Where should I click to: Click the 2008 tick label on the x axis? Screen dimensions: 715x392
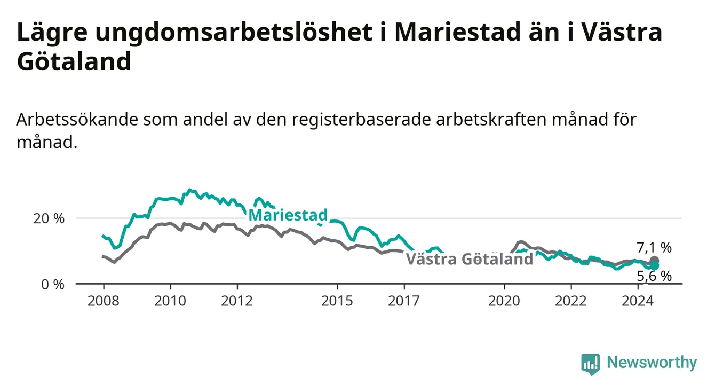(x=103, y=301)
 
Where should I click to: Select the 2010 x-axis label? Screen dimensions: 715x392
(x=170, y=301)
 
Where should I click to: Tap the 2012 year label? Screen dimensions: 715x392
(x=237, y=301)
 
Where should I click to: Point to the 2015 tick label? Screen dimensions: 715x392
(x=337, y=301)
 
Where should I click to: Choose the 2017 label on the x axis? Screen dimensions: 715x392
(x=404, y=301)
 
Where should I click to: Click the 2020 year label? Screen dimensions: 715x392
(x=504, y=301)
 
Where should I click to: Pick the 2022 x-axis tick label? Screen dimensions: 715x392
(x=571, y=301)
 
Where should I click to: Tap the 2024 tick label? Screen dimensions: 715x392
(x=638, y=301)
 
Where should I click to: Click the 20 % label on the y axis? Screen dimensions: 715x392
(x=49, y=219)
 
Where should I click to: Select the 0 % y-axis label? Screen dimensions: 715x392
(x=53, y=285)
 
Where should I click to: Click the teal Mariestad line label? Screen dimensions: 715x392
(x=288, y=215)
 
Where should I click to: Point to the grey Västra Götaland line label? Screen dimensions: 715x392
(x=470, y=259)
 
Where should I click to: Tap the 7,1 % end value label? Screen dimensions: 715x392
(x=654, y=248)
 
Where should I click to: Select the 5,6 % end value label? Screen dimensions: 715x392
(x=654, y=276)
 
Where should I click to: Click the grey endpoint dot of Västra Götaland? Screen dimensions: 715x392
(x=654, y=261)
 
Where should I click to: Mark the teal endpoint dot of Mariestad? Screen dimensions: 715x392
(x=654, y=265)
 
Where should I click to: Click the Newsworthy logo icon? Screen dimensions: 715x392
(x=590, y=364)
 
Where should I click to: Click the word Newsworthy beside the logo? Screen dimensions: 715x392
(x=652, y=363)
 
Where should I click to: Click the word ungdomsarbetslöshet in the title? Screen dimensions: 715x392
(x=234, y=33)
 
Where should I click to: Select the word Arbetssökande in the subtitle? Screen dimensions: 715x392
(x=77, y=120)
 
